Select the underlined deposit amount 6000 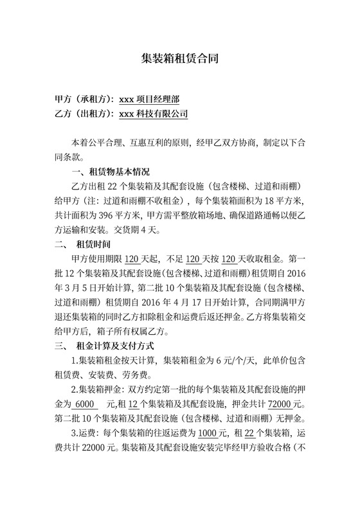(x=84, y=404)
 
